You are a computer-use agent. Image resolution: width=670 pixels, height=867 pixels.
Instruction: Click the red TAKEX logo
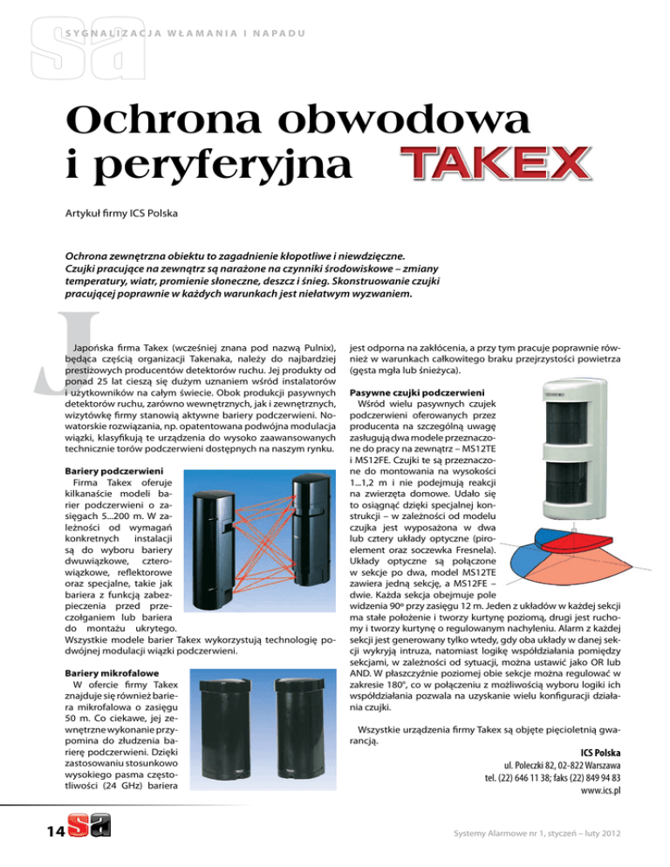(x=491, y=166)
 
